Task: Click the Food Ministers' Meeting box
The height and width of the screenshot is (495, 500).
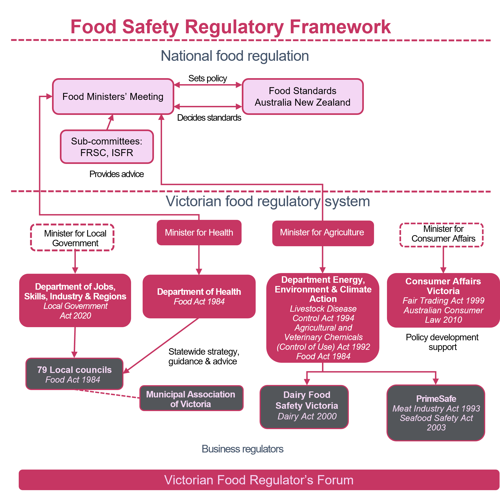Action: coord(113,97)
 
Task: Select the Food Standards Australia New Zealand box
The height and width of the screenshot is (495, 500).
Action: coord(303,97)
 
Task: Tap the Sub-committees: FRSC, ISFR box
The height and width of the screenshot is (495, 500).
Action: coord(107,147)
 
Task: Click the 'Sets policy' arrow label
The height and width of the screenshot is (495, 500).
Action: coord(208,78)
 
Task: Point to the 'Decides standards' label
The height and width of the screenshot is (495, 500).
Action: coord(209,118)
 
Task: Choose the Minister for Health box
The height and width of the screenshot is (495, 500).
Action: coord(199,233)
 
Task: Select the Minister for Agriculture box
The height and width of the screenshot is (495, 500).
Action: coord(322,233)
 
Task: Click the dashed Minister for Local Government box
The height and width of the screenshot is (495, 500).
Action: coord(72,237)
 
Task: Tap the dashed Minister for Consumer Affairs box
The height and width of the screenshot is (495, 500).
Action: coord(441,235)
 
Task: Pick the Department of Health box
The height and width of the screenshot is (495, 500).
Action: coord(199,296)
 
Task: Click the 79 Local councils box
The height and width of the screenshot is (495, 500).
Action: coord(74,374)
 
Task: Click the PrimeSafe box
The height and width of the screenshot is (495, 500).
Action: coord(436,413)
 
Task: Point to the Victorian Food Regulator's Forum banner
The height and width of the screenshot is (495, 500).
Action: coord(259,480)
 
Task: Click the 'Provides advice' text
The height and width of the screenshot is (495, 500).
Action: coord(117,174)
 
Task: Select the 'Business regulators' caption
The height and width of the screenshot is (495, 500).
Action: coord(242,449)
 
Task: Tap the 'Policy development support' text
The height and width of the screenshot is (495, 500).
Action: coord(442,342)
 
